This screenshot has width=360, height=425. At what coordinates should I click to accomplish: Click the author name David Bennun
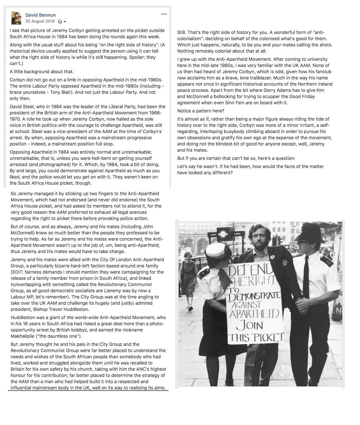(41, 15)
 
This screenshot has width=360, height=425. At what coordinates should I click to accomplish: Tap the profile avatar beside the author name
(16, 18)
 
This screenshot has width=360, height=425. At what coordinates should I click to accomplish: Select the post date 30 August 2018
(40, 21)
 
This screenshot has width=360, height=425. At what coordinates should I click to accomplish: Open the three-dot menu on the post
(164, 14)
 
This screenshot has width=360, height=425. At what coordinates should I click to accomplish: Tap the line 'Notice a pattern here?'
(201, 111)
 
